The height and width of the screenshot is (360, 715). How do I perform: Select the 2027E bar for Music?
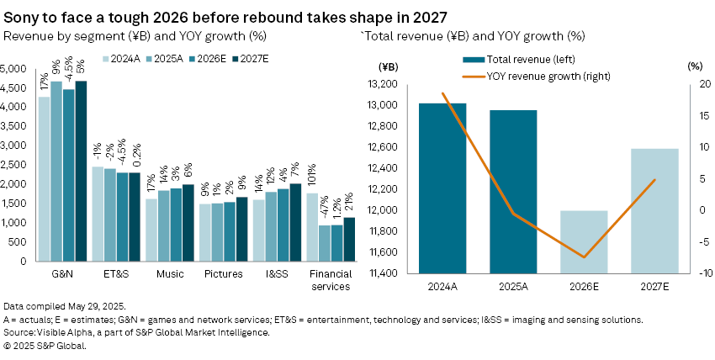click(188, 222)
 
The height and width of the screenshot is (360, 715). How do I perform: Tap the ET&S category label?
click(116, 273)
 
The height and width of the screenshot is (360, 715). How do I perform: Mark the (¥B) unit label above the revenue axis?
click(389, 66)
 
